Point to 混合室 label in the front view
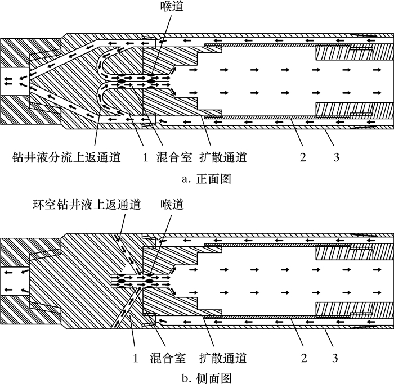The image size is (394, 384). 169,158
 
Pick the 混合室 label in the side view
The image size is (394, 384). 169,358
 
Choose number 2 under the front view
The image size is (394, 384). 303,158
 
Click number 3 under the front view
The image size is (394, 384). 336,158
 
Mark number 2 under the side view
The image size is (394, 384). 303,358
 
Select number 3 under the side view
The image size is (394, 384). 336,358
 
